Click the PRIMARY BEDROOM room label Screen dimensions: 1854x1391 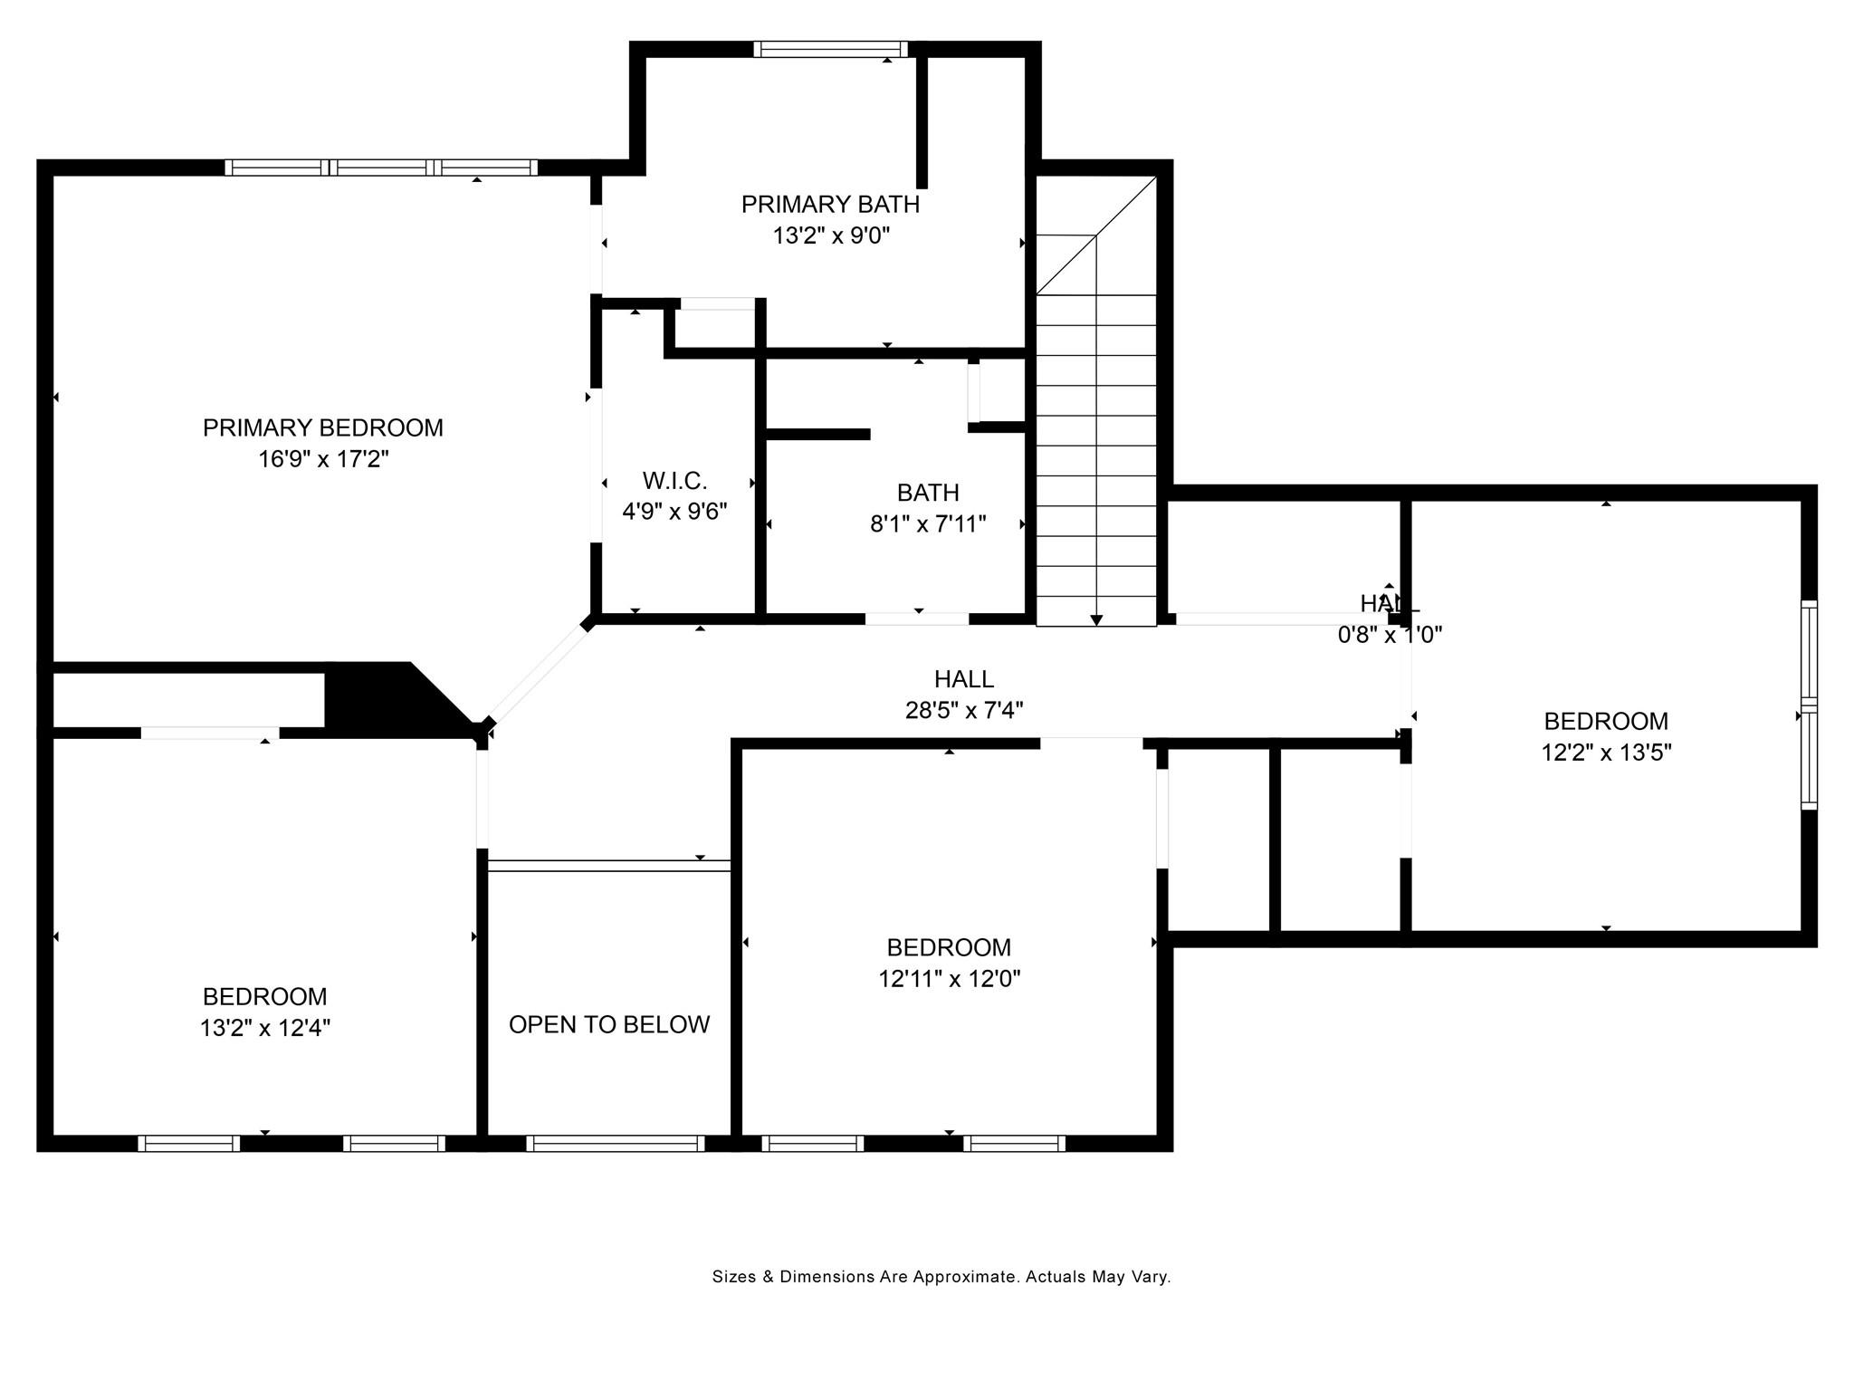(x=323, y=427)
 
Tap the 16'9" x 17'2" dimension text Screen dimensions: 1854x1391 (x=323, y=459)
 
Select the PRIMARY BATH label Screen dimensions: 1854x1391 (x=830, y=205)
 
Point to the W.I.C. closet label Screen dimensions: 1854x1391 (x=674, y=481)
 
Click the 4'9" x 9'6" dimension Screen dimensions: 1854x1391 (x=674, y=512)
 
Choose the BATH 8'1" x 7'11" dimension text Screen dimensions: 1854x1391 (x=928, y=524)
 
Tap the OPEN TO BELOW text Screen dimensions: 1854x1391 (x=609, y=1024)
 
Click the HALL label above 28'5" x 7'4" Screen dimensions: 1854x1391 (x=964, y=678)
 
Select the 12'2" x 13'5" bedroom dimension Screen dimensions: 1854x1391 (x=1606, y=753)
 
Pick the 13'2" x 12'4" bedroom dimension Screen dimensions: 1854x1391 (x=265, y=1028)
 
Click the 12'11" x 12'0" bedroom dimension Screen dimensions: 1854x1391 (x=950, y=979)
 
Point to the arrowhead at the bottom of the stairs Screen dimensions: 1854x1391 (x=1096, y=620)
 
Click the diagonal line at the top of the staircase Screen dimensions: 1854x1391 (x=1096, y=235)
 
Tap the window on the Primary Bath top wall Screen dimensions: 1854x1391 (x=830, y=49)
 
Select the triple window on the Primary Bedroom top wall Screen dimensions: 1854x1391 (x=381, y=168)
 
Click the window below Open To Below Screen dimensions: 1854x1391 (x=616, y=1144)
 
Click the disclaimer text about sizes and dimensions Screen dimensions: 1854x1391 (x=941, y=1277)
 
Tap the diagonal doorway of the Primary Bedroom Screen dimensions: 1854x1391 (x=538, y=671)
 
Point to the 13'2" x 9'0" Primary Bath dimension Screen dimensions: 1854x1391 (x=831, y=236)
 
